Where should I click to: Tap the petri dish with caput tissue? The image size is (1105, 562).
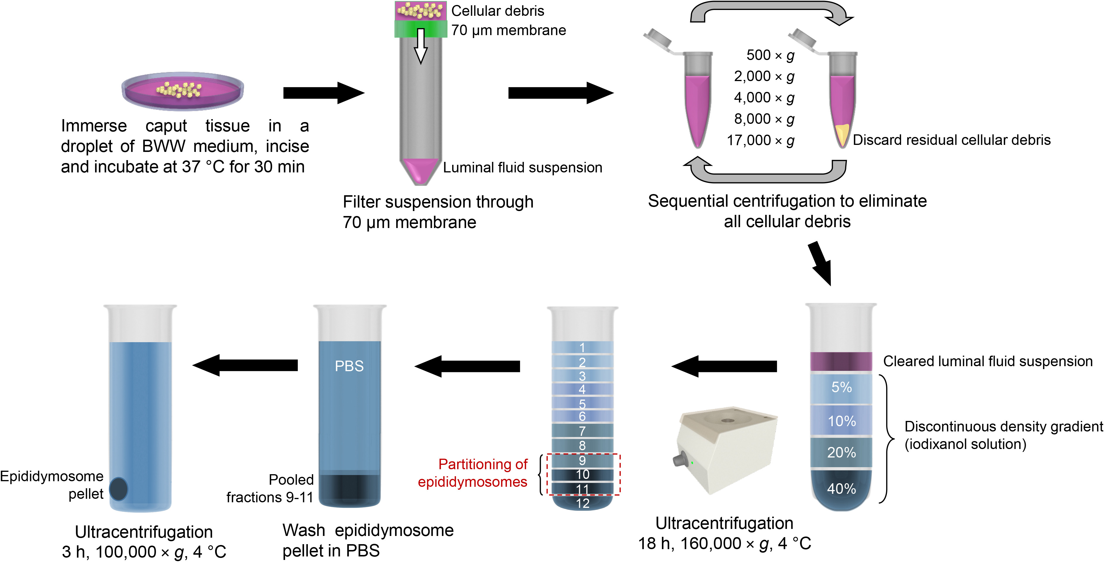183,91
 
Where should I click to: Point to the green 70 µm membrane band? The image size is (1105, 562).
421,29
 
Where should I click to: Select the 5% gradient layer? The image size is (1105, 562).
841,387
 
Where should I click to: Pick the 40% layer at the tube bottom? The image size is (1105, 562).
841,489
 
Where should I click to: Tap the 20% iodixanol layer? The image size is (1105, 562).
841,453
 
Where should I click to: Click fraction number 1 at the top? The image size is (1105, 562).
582,347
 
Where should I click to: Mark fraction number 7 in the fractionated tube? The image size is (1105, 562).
582,431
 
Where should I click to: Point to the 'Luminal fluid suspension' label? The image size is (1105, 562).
522,168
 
